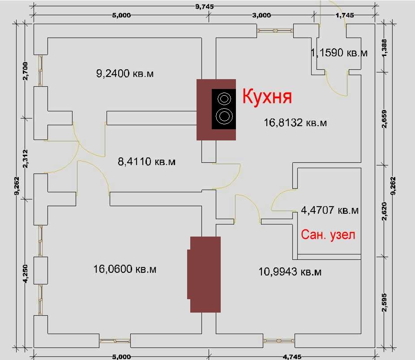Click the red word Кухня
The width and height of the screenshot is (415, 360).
point(267,97)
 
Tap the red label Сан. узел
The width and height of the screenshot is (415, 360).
point(328,234)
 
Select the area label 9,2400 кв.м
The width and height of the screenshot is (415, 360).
point(125,73)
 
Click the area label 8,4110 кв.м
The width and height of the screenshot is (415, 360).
point(146,161)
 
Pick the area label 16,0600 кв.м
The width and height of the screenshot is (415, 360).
point(125,269)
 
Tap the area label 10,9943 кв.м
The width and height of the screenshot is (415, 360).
point(290,271)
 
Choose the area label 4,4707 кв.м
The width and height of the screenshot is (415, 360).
point(330,210)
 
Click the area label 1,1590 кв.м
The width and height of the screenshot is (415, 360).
point(339,53)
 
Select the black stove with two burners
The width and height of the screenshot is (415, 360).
point(224,109)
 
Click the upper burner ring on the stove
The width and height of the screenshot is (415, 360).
point(224,98)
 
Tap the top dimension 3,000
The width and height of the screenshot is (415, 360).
point(261,15)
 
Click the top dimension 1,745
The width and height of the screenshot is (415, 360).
point(345,15)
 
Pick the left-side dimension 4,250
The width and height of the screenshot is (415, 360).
point(26,274)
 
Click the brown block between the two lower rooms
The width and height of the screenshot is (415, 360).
point(205,274)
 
